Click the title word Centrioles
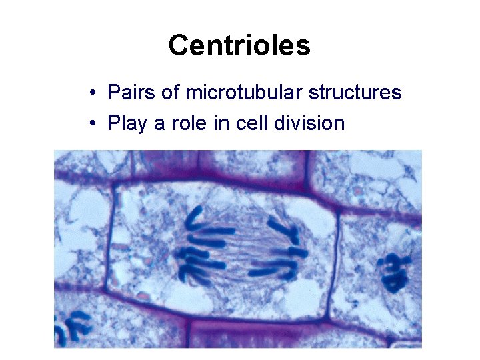point(239,45)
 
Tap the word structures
point(355,92)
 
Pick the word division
point(311,123)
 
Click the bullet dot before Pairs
point(97,93)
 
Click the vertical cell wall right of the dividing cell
point(336,260)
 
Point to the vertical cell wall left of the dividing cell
point(110,240)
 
